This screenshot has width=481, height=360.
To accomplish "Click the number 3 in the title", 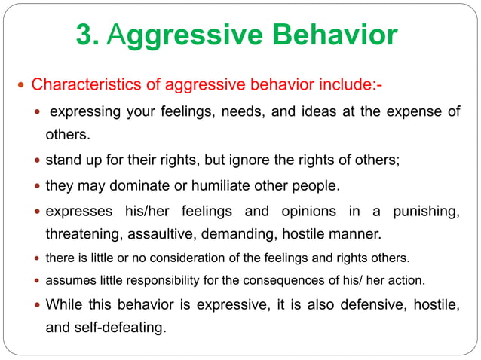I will (x=85, y=35).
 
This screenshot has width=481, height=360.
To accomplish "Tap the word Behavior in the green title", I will (x=335, y=35).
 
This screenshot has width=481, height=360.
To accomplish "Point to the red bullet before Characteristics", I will (x=20, y=82).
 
